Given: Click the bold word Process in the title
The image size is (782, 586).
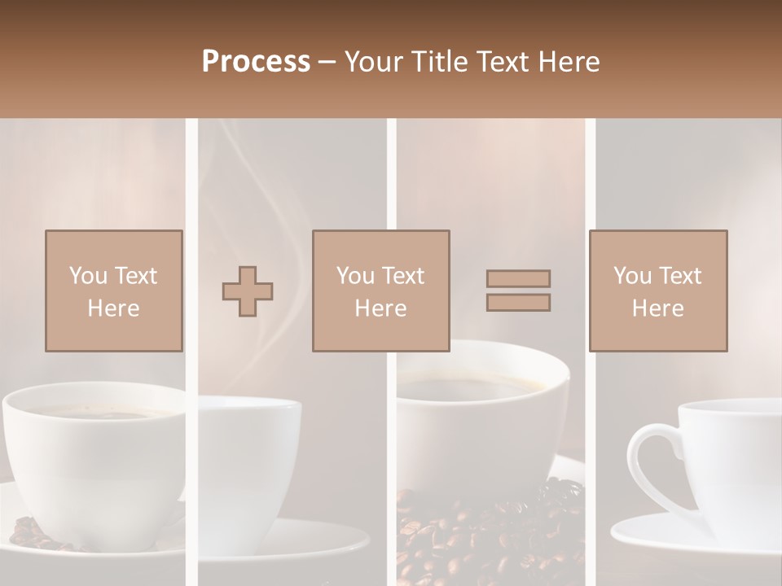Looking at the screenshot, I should [256, 61].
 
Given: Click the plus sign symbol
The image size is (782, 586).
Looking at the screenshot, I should [248, 291].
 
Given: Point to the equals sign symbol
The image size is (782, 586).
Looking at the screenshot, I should [518, 291].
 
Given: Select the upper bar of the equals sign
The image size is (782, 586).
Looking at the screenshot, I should [518, 278].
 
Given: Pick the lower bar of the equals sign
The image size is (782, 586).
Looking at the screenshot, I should [518, 303].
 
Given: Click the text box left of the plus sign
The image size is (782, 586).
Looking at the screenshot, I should [114, 291].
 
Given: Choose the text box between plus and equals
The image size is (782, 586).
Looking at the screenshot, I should [381, 291].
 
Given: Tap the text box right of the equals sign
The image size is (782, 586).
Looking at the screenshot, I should [658, 291].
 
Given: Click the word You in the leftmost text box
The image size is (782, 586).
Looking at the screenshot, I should [88, 275].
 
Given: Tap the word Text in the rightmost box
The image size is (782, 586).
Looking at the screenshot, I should [679, 275].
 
